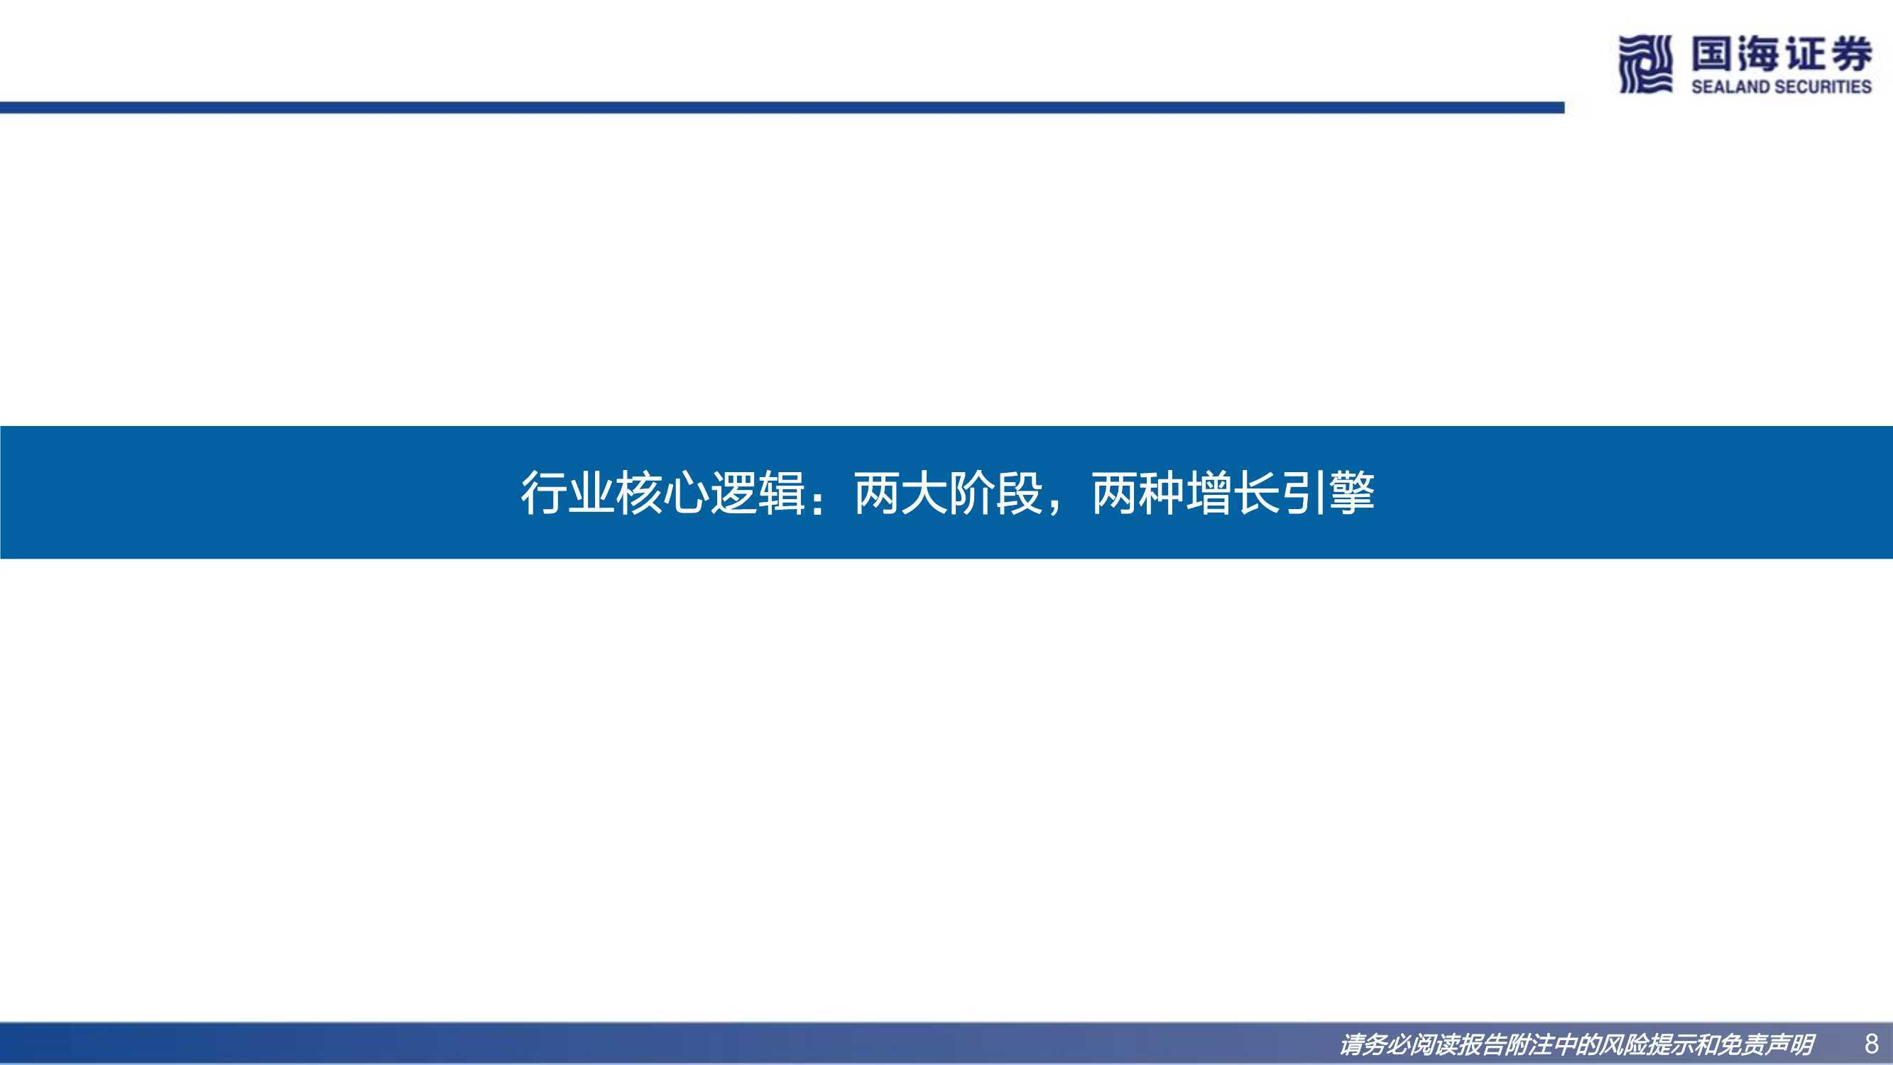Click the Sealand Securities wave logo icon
[x=1645, y=65]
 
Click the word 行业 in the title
[x=567, y=493]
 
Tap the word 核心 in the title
[x=662, y=493]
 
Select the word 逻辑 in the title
[x=758, y=493]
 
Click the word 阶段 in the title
[x=995, y=493]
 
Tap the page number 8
[x=1871, y=1044]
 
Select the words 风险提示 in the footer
[x=1648, y=1044]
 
